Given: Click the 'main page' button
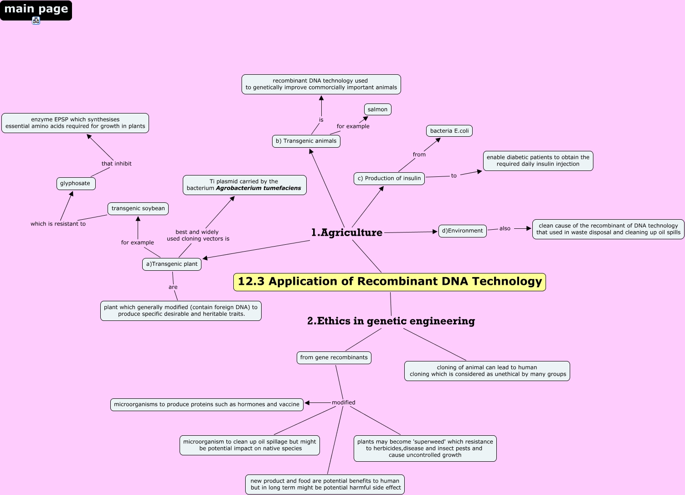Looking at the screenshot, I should pyautogui.click(x=36, y=10).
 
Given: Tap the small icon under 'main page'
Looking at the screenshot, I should pyautogui.click(x=36, y=21).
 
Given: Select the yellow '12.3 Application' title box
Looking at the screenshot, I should pyautogui.click(x=390, y=282).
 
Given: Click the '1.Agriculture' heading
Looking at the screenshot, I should pyautogui.click(x=347, y=232).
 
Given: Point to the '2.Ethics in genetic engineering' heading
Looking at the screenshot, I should pyautogui.click(x=391, y=321).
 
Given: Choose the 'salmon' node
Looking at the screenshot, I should pyautogui.click(x=377, y=109).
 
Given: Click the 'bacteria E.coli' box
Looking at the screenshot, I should pyautogui.click(x=449, y=131).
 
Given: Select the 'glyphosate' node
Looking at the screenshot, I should pyautogui.click(x=76, y=183).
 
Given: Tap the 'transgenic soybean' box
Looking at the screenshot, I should pyautogui.click(x=138, y=208).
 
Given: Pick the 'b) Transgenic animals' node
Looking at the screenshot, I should pyautogui.click(x=306, y=141).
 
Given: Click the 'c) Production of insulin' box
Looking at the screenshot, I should pyautogui.click(x=389, y=178).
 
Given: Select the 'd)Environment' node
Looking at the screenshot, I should pyautogui.click(x=463, y=231).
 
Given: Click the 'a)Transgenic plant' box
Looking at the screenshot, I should pyautogui.click(x=172, y=264).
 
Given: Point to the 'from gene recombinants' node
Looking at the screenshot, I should pyautogui.click(x=334, y=357).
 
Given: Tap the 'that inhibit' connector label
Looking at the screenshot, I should pyautogui.click(x=117, y=164).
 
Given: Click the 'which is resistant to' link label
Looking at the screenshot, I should pyautogui.click(x=58, y=224).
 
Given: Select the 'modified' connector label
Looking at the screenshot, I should pyautogui.click(x=344, y=402).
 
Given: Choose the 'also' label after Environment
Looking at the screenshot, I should pyautogui.click(x=505, y=228).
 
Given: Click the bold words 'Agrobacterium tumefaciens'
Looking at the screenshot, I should pyautogui.click(x=258, y=188).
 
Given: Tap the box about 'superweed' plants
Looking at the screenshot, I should pyautogui.click(x=425, y=449).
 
